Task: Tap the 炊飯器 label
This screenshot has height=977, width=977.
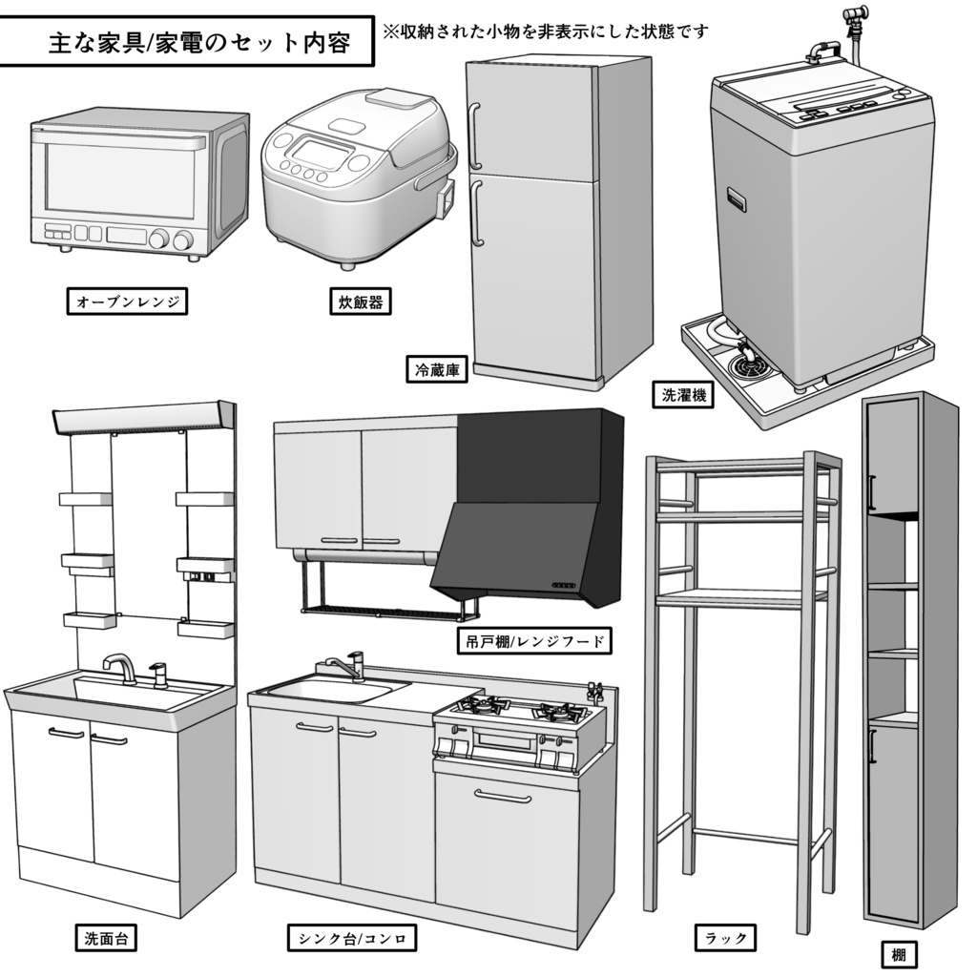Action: (x=361, y=302)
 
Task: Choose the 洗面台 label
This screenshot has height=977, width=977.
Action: (x=105, y=938)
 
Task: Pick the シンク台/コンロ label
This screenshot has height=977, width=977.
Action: (x=350, y=938)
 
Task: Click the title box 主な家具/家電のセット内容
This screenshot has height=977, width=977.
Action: (x=186, y=43)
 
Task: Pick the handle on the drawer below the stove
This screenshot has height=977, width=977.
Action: (x=502, y=797)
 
